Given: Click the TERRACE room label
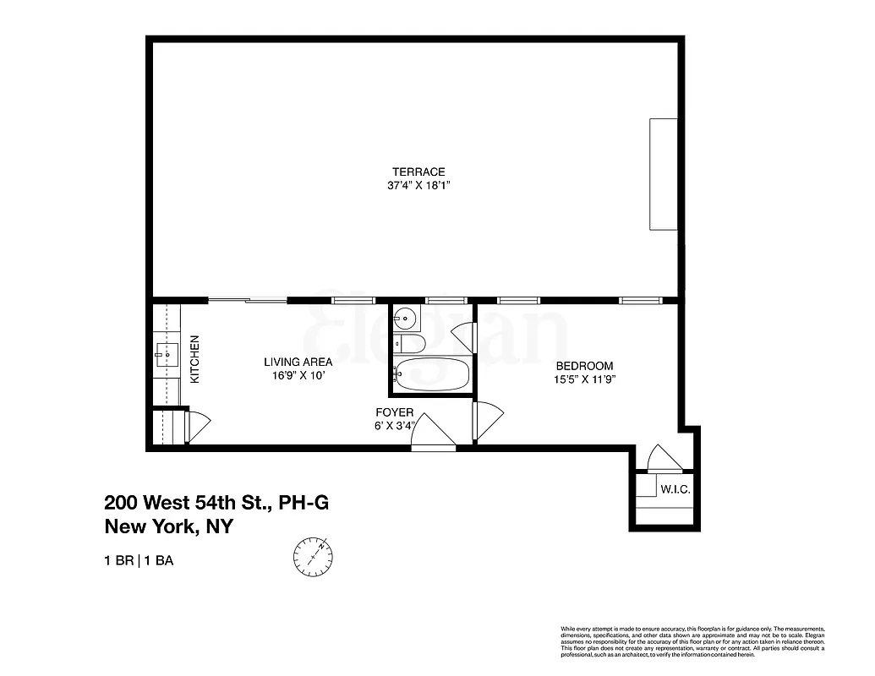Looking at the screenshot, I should (413, 172).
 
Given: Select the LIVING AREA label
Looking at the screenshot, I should (298, 362).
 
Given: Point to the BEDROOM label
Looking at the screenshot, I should (584, 366).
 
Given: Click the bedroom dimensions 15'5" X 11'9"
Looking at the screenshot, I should (584, 379).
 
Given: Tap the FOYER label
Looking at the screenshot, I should (395, 412).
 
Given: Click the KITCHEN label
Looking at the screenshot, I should (195, 360).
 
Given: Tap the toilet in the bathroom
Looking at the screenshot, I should (411, 343).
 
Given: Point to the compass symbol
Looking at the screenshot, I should (313, 556).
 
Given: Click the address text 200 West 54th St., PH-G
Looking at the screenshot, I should (216, 503).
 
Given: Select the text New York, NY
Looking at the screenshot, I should (168, 526).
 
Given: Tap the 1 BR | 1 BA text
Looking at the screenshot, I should (139, 561).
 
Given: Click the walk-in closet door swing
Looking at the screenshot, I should (663, 458).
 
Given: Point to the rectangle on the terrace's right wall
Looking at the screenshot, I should (663, 174).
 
